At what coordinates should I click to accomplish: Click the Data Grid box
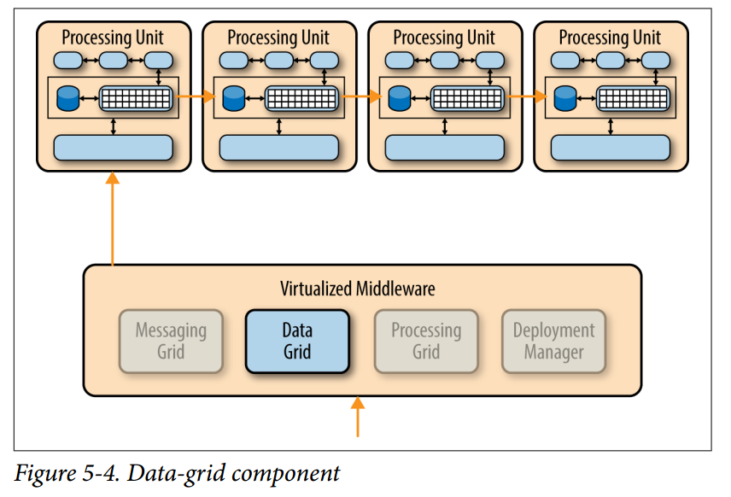pos(297,342)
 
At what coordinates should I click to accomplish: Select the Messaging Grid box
pos(171,342)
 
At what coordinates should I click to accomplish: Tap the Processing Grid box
pos(426,342)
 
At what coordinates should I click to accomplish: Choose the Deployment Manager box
pos(553,342)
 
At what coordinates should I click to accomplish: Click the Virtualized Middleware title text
pos(358,289)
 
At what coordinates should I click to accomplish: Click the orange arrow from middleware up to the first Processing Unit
pos(112,218)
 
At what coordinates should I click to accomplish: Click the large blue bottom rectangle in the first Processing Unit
pos(113,148)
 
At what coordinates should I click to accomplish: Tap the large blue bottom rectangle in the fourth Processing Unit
pos(610,148)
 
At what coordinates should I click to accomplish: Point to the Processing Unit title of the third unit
pos(444,38)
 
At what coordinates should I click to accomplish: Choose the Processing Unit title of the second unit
pos(278,38)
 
